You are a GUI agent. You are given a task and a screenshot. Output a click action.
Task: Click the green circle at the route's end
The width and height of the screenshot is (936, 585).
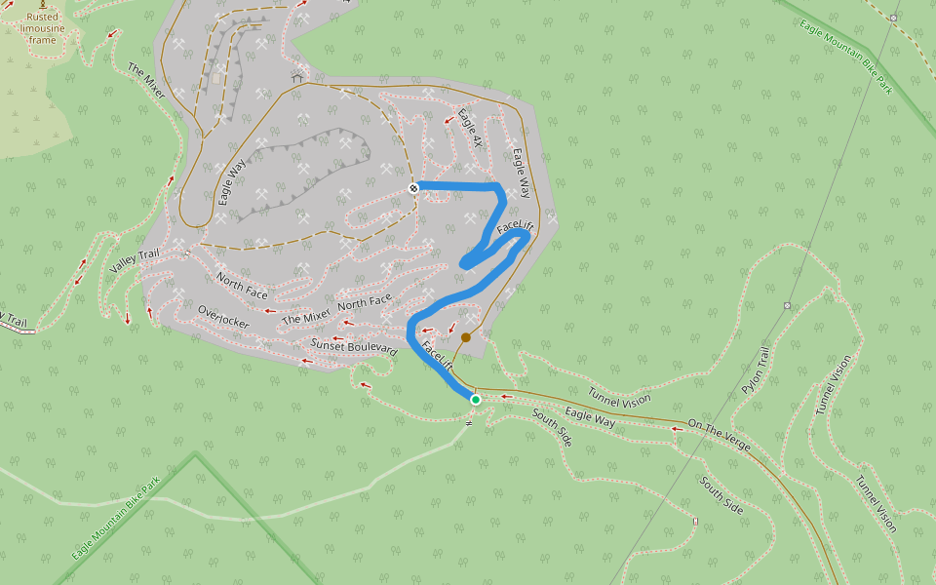[x=476, y=400]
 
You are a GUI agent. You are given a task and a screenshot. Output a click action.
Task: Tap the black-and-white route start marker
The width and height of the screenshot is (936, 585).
[x=413, y=188]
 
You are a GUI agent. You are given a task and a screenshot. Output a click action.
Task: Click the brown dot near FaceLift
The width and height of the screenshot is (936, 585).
[x=466, y=337]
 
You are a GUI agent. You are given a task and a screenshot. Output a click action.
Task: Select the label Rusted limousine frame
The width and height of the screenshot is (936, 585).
[x=42, y=28]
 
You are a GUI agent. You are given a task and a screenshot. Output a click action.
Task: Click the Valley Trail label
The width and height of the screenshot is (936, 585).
[x=135, y=261]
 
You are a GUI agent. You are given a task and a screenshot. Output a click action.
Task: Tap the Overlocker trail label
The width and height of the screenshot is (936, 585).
[x=223, y=317]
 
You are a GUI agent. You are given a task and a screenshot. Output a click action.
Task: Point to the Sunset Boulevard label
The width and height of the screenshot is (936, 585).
[x=354, y=345]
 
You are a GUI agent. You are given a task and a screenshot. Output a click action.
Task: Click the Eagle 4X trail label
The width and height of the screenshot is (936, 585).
[x=470, y=129]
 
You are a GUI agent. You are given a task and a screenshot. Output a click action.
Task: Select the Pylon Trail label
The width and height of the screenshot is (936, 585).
[x=756, y=370]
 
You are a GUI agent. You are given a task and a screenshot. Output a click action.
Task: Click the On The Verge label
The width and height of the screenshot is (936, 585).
[x=719, y=434]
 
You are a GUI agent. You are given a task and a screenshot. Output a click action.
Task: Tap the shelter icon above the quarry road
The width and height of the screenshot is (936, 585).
[x=297, y=77]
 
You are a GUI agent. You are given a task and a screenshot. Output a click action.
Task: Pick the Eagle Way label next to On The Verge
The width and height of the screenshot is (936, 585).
[x=590, y=419]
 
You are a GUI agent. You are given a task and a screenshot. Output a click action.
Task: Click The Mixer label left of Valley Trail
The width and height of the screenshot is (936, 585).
[x=146, y=80]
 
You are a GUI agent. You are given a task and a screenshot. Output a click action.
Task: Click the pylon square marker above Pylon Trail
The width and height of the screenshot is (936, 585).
[x=787, y=305]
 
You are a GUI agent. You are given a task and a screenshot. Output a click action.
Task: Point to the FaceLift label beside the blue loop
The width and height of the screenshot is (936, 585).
[x=515, y=228]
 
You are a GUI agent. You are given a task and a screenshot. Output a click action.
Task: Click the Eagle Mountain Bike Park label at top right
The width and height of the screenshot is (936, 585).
[x=846, y=58]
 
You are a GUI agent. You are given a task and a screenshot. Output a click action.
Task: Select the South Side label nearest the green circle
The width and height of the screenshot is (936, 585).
[x=552, y=427]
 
